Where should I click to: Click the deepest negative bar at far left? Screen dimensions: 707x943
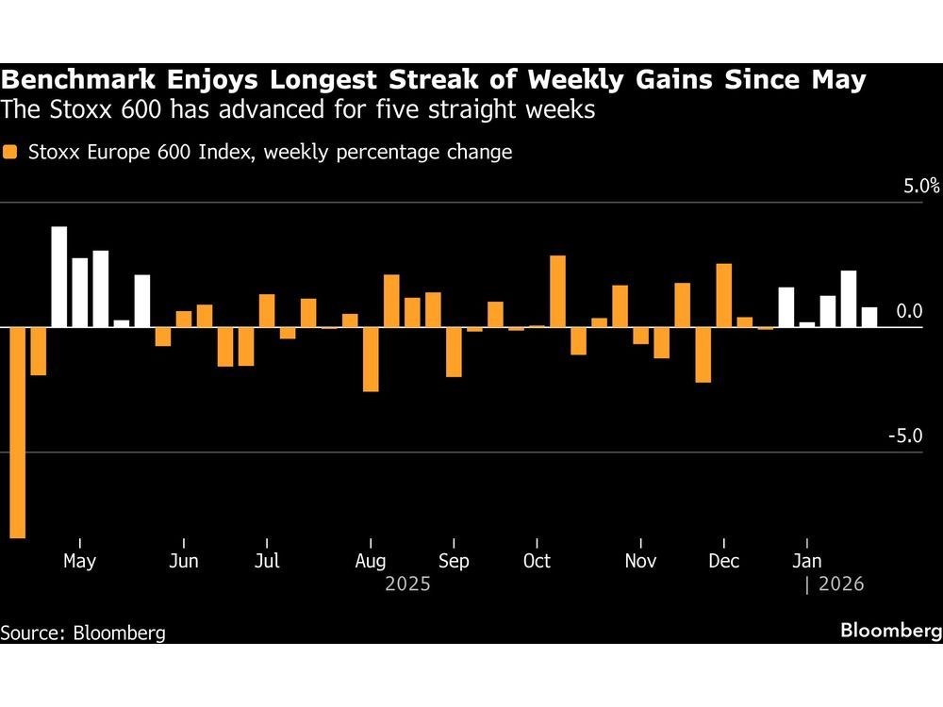pos(17,432)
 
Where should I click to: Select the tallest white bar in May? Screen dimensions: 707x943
pos(58,277)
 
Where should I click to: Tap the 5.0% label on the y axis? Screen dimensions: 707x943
pos(921,186)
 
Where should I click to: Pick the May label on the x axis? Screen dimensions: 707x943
pos(79,561)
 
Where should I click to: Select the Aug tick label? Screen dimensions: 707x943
pos(371,561)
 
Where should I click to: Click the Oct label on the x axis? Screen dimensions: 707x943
pos(537,561)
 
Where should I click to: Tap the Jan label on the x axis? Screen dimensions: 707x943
pos(805,561)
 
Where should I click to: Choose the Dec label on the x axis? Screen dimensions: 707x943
pos(723,561)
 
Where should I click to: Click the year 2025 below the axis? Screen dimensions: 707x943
pos(407,584)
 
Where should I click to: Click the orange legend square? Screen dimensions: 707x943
pos(10,152)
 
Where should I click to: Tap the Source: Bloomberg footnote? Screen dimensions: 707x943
pos(83,633)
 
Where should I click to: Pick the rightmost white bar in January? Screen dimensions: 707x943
pos(869,317)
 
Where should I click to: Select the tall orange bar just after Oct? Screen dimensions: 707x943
pos(557,291)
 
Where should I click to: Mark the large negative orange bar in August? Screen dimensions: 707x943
pos(371,359)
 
